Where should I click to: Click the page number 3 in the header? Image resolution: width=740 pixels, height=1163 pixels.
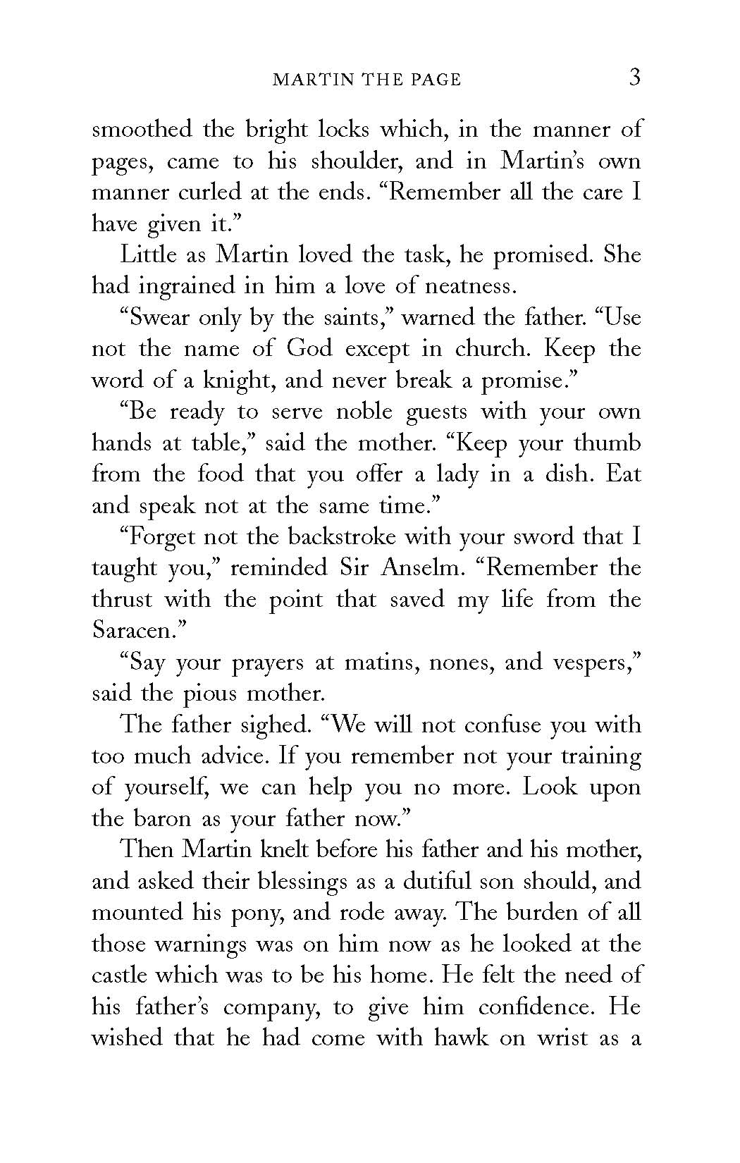pyautogui.click(x=634, y=77)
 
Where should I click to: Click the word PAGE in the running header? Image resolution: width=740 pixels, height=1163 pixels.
pyautogui.click(x=434, y=80)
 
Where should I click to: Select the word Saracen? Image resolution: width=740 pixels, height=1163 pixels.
pyautogui.click(x=132, y=631)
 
